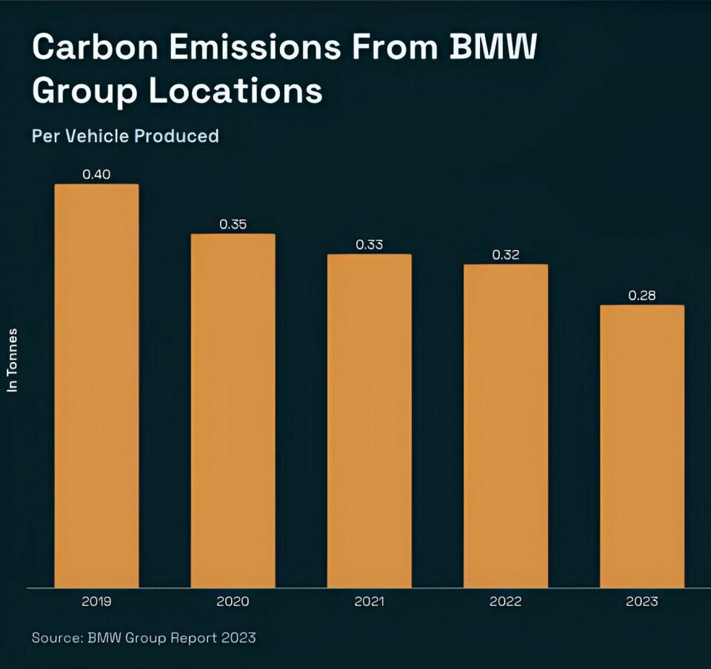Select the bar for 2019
tap(97, 385)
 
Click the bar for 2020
tap(233, 411)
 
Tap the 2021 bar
tap(370, 420)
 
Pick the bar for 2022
tap(506, 426)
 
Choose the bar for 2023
tap(642, 446)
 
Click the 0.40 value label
tap(96, 175)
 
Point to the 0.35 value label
tap(233, 224)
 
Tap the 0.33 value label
tap(370, 244)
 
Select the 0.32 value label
tap(506, 255)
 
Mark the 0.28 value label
tap(642, 295)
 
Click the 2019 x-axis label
tap(97, 602)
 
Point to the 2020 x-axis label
tap(233, 602)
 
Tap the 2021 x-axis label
tap(370, 602)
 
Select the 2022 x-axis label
tap(506, 602)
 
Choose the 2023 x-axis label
tap(642, 602)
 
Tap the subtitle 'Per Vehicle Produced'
tap(125, 136)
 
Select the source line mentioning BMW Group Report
tap(144, 637)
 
